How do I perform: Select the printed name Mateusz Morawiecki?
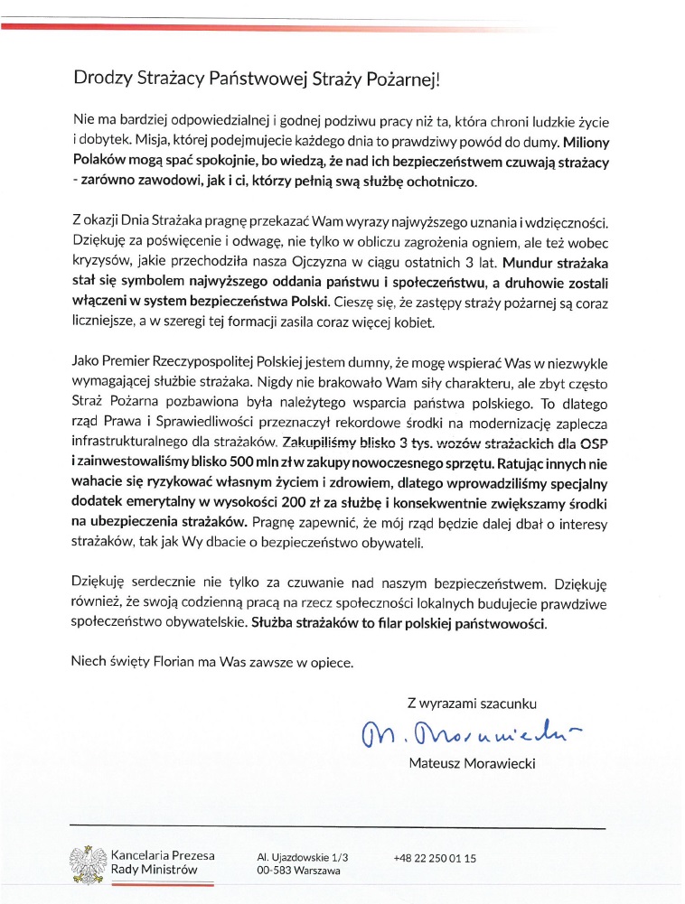[x=472, y=764]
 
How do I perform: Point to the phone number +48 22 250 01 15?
[x=435, y=857]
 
